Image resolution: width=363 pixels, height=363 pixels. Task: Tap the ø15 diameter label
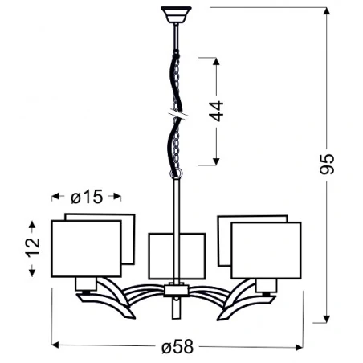[x=86, y=197]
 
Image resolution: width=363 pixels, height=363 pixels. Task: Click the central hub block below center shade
[x=176, y=290]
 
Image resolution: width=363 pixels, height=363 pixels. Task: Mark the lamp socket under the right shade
[x=266, y=283]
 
